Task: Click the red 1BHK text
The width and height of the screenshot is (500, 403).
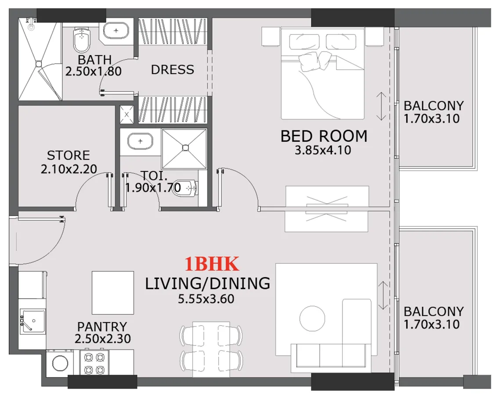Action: (x=212, y=264)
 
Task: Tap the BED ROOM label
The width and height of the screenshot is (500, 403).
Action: (x=324, y=136)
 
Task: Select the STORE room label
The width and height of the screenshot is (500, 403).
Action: (x=68, y=155)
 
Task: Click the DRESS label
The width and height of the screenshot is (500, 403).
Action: (x=172, y=69)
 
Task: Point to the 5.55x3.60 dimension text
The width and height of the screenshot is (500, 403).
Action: (x=206, y=299)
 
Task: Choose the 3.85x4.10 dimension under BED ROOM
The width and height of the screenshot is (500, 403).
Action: (x=323, y=151)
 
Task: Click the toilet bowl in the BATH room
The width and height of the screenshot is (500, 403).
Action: (x=81, y=40)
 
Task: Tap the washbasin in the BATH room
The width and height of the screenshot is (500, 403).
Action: (x=116, y=31)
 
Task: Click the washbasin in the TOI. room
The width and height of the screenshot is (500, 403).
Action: (x=140, y=141)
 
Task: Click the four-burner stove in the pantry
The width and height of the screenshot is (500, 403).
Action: (x=94, y=363)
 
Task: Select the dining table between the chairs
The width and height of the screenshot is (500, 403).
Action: (x=211, y=349)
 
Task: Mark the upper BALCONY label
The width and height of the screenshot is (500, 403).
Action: (x=433, y=106)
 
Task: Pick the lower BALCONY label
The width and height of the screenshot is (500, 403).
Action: (x=433, y=312)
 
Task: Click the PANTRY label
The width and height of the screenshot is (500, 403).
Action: (x=102, y=327)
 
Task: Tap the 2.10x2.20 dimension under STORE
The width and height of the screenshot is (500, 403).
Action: (x=69, y=169)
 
